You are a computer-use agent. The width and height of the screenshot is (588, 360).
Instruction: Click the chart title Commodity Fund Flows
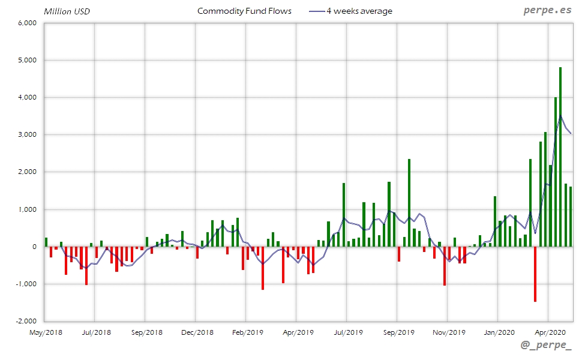244,11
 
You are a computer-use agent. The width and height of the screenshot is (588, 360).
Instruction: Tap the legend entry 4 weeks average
359,11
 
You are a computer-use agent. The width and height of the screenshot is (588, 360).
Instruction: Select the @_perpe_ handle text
547,346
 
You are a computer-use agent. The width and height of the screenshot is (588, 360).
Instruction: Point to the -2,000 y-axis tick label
26,321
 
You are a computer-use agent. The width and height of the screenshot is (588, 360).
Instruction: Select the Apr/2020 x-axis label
547,331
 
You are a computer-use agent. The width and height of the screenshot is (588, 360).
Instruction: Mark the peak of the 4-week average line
560,116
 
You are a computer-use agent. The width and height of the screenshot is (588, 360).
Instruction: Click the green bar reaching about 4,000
556,172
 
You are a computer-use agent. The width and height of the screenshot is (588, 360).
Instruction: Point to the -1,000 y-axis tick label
26,284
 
